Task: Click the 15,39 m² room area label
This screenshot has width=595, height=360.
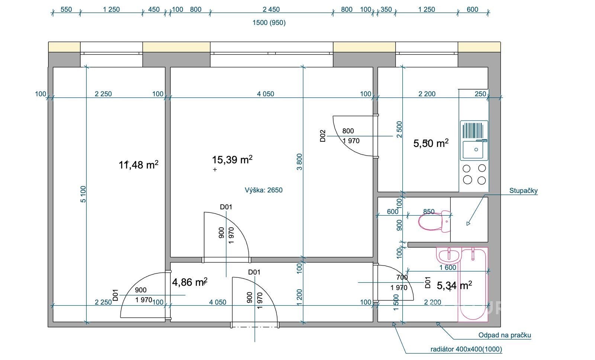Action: [232, 160]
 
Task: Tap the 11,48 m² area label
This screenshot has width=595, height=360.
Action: [138, 165]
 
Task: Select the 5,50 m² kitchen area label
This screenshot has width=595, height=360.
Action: [431, 143]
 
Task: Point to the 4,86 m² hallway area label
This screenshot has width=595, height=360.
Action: [190, 282]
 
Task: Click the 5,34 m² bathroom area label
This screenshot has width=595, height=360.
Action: [454, 285]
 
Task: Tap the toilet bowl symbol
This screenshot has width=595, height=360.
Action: [435, 221]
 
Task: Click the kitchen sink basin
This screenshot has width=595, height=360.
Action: [473, 150]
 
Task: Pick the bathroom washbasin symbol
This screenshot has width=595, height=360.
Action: [448, 255]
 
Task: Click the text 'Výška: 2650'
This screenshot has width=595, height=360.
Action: [264, 190]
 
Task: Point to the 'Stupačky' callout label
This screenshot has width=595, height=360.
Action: [523, 190]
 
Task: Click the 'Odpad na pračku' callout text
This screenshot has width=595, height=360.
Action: [505, 335]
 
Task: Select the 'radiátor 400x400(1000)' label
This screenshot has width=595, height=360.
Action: [466, 349]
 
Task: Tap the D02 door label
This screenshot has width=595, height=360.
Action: [323, 136]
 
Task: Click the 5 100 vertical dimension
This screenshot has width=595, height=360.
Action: [83, 194]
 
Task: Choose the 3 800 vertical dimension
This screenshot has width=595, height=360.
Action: [299, 162]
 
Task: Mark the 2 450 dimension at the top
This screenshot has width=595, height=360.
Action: [271, 10]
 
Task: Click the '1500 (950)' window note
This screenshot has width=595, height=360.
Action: [269, 23]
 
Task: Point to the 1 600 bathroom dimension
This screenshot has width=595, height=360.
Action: [448, 267]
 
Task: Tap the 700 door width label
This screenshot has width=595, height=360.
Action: [402, 277]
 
